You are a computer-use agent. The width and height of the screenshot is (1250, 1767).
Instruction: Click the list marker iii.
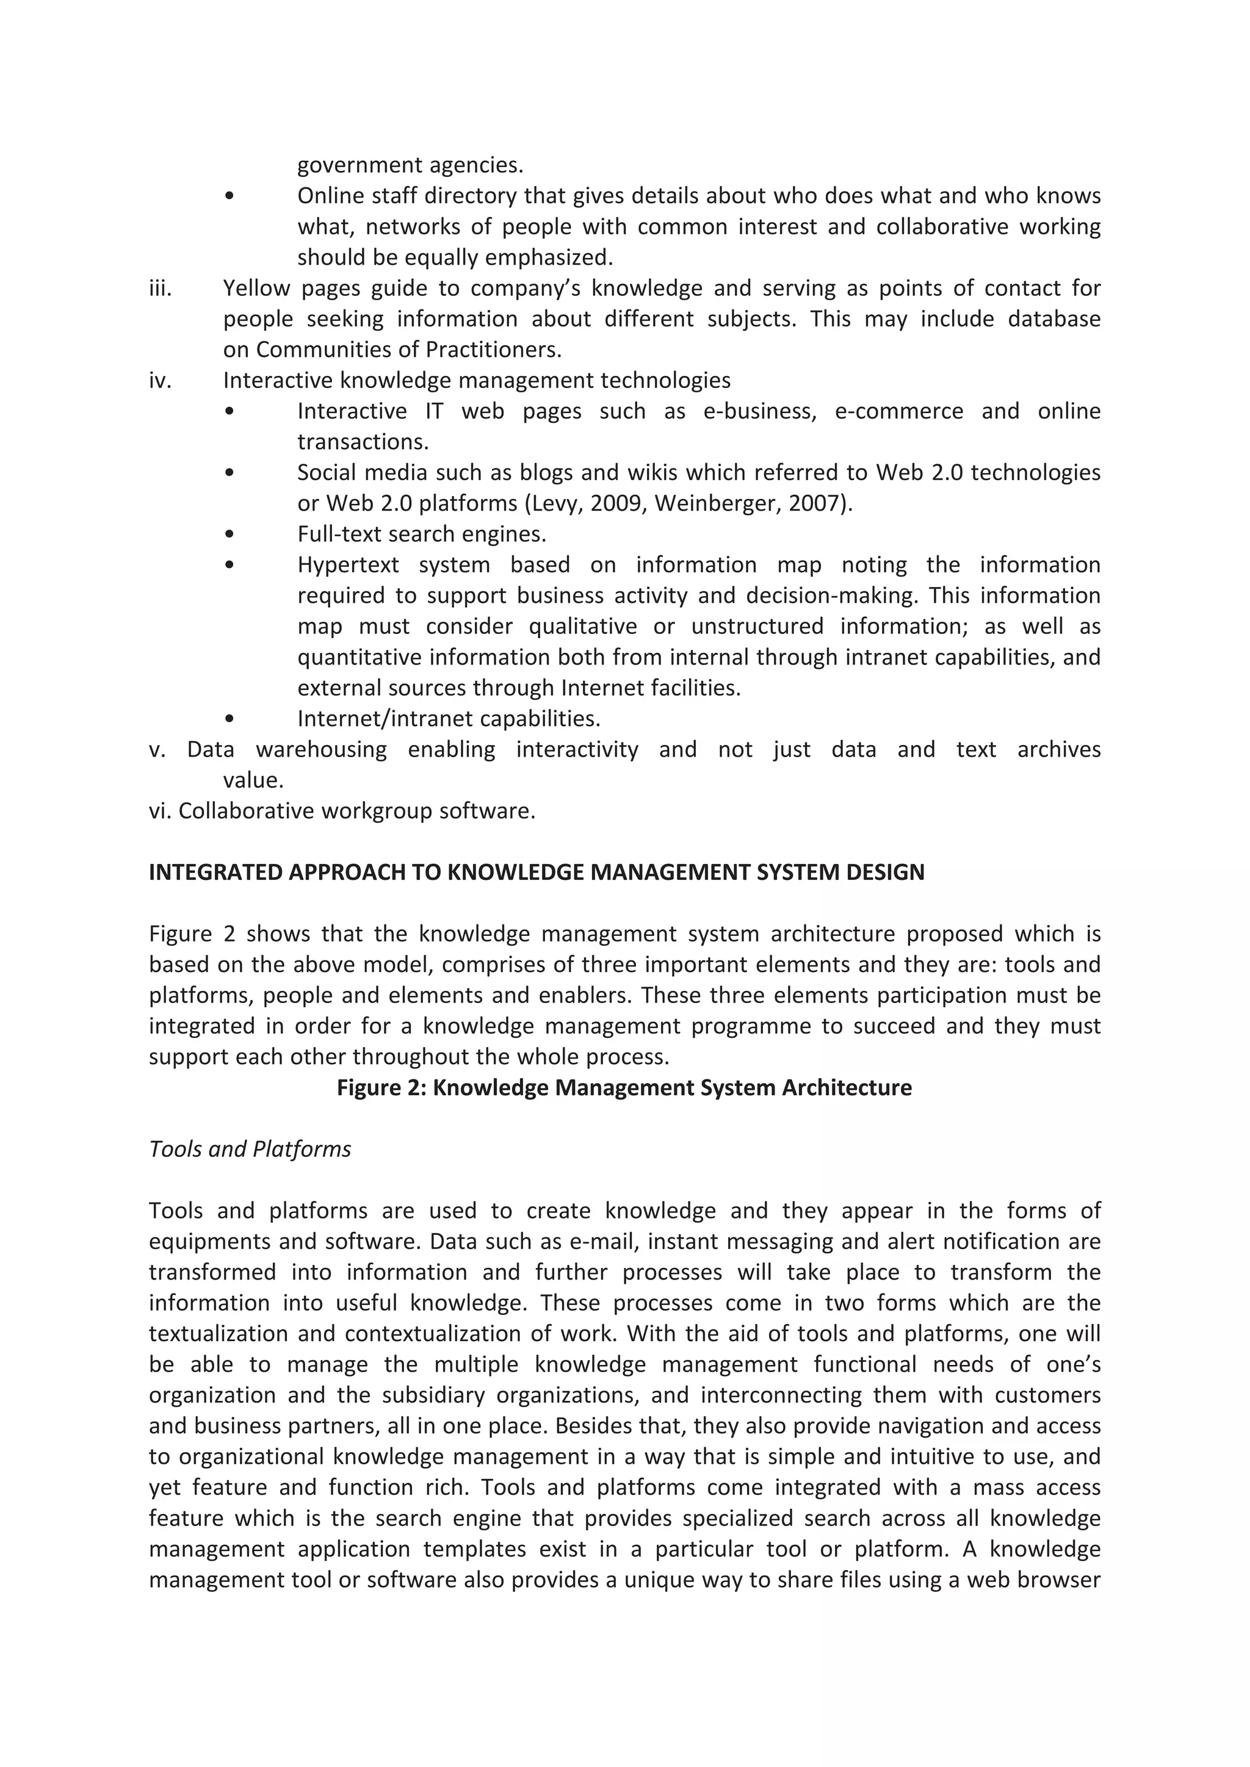tap(160, 289)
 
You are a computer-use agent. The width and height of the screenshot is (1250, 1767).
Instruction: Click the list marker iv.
tap(160, 381)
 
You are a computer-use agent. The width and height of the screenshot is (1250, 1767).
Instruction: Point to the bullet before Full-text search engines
tap(229, 534)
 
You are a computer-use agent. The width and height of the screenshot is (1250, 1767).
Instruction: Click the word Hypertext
tap(348, 566)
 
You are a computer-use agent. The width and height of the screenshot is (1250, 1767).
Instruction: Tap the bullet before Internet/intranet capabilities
tap(229, 719)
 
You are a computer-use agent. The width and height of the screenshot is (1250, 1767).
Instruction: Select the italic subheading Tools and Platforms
tap(250, 1149)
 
